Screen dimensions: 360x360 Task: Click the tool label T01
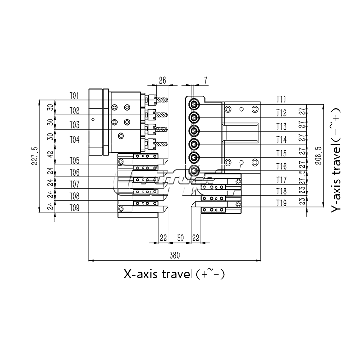[x=74, y=95]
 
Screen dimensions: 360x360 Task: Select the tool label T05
[x=74, y=160]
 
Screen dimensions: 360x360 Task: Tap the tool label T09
[x=74, y=208]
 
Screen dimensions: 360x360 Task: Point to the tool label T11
[x=281, y=99]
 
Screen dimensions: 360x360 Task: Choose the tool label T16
[x=281, y=167]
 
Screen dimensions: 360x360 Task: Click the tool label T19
[x=281, y=204]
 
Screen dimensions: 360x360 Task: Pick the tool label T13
[x=281, y=127]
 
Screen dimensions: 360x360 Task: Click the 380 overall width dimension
[x=175, y=256]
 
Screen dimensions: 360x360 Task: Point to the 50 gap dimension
[x=181, y=238]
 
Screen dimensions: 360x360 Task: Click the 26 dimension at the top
[x=162, y=81]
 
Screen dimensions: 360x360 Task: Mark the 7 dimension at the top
[x=205, y=81]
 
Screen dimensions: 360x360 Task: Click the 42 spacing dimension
[x=50, y=154]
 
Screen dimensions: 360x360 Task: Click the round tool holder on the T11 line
[x=193, y=103]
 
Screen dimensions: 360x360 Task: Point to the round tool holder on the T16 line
[x=193, y=170]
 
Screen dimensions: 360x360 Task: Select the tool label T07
[x=74, y=184]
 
